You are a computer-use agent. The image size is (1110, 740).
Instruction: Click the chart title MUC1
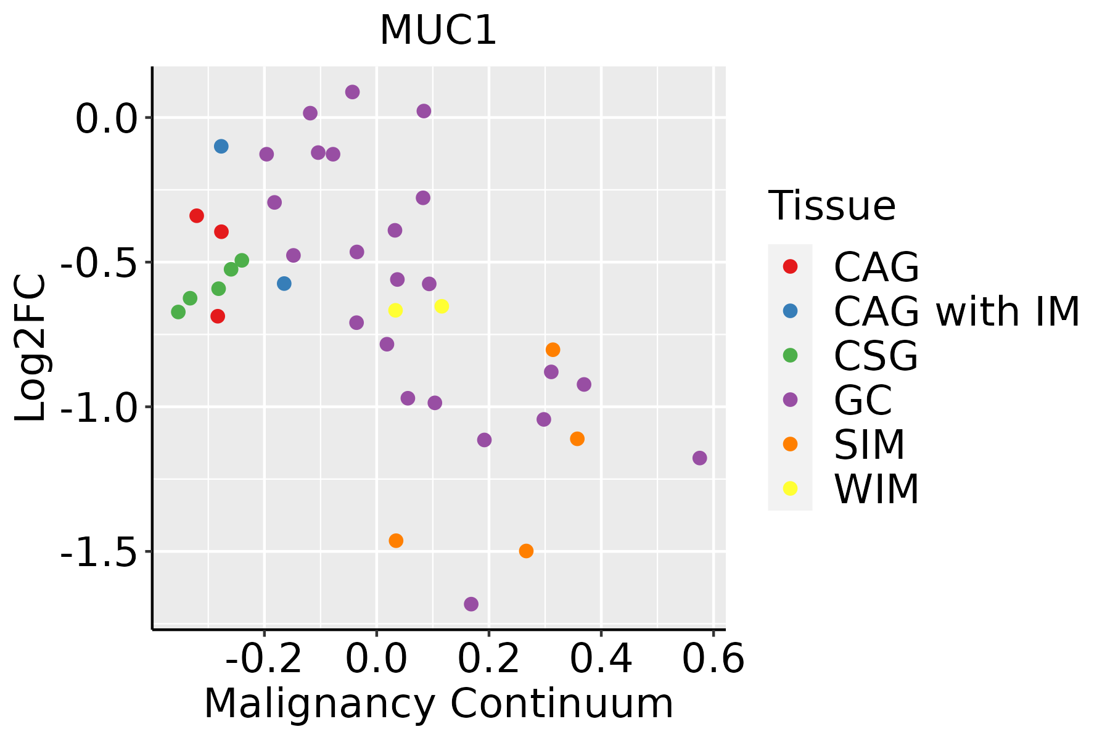[438, 30]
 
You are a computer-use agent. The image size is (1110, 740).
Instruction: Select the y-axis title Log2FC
[31, 348]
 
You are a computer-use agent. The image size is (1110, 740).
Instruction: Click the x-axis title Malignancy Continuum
[438, 704]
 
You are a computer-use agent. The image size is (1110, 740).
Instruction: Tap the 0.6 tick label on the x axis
[713, 659]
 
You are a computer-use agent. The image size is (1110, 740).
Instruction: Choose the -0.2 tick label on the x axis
[264, 659]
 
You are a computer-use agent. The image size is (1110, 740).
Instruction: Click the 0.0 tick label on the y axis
[105, 118]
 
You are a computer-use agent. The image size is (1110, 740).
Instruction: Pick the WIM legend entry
[851, 489]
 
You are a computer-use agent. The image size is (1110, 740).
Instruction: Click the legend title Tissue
[832, 205]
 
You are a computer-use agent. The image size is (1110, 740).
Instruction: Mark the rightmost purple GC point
[699, 458]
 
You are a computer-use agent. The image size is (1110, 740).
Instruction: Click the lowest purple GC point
[471, 604]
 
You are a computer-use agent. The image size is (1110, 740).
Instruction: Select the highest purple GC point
[353, 92]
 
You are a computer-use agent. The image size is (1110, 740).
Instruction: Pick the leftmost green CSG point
[178, 312]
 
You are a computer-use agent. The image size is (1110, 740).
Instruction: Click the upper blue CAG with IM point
[221, 147]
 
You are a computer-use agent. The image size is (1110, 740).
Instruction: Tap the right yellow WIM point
[442, 306]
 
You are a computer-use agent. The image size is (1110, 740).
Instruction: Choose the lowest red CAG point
[218, 316]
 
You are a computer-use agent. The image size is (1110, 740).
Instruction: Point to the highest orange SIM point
[553, 350]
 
